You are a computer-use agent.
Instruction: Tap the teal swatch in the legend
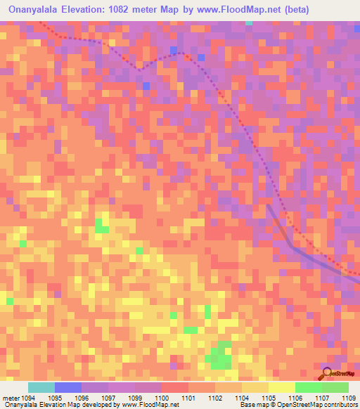coord(41,387)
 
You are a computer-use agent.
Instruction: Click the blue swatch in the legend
coord(68,387)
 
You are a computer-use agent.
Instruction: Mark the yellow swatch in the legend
coord(281,387)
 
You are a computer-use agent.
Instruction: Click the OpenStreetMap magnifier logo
coord(326,372)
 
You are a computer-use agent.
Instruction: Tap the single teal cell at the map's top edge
coord(249,22)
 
